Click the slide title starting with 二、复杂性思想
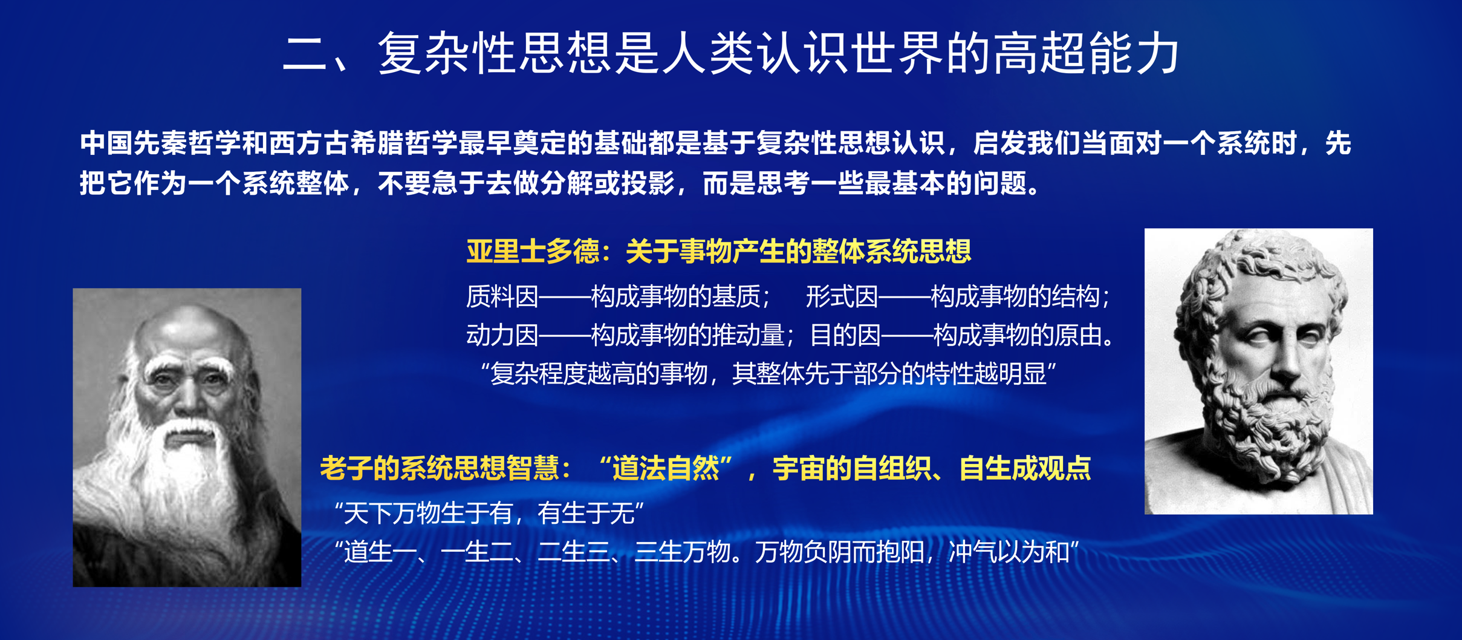pyautogui.click(x=730, y=54)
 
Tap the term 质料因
pyautogui.click(x=502, y=296)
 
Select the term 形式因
pyautogui.click(x=842, y=296)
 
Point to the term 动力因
pyautogui.click(x=502, y=335)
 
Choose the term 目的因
pyautogui.click(x=845, y=335)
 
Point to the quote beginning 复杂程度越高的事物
pyautogui.click(x=768, y=374)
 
